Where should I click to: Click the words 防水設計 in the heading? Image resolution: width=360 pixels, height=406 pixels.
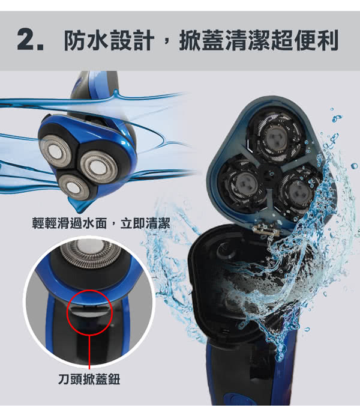109,40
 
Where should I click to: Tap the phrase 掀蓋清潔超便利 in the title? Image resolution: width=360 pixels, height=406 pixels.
259,40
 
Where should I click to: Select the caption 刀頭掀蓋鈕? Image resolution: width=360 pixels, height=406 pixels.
89,380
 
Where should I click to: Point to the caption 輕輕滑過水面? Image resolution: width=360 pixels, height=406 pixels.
70,223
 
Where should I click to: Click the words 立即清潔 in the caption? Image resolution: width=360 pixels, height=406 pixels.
145,223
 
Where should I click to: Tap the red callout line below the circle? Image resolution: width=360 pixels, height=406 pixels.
89,352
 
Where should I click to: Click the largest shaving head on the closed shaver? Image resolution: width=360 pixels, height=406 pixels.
98,167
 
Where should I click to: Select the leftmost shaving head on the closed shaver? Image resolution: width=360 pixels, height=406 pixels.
55,151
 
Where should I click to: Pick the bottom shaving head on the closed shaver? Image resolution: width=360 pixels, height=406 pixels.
74,187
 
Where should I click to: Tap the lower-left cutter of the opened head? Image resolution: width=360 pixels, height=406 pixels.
243,184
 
